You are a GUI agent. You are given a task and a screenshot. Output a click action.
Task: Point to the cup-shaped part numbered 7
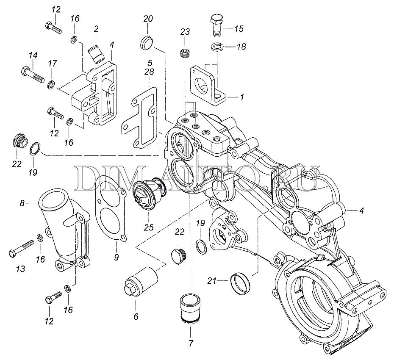[x=189, y=310]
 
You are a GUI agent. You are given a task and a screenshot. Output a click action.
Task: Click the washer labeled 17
[x=51, y=84]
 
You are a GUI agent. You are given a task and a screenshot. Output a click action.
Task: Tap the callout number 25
[x=148, y=227]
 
